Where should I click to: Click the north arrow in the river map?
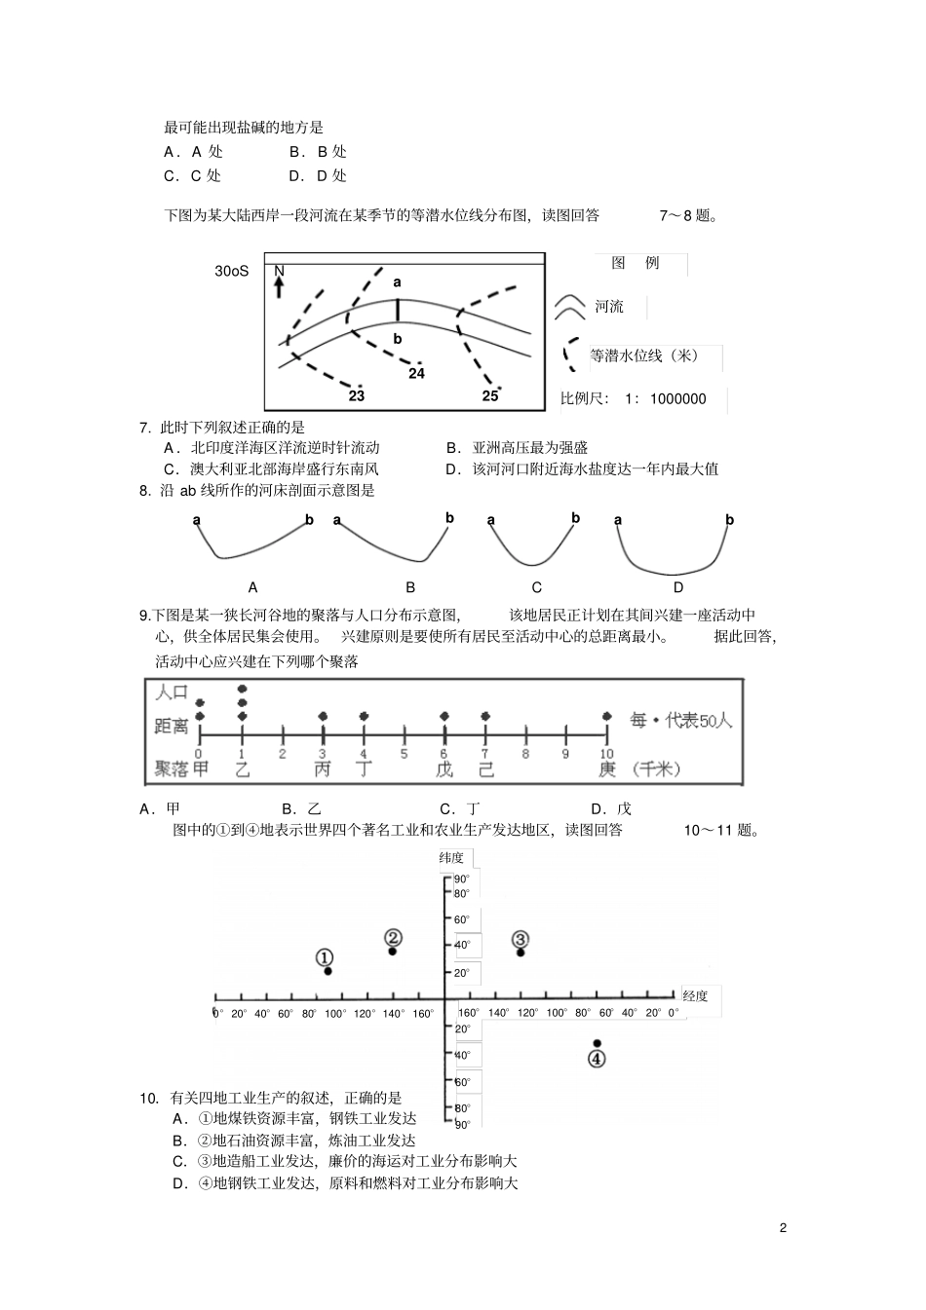point(279,282)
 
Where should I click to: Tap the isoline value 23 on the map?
point(357,396)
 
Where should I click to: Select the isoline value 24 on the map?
point(417,373)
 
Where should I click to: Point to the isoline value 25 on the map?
point(490,395)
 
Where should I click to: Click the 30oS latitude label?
point(232,271)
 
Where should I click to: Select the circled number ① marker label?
point(326,958)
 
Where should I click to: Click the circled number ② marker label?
point(393,938)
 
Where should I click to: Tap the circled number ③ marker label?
point(521,939)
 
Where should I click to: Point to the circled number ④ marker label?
point(597,1059)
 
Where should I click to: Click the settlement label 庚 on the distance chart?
point(606,769)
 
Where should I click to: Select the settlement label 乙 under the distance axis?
point(242,769)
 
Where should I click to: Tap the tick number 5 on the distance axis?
point(404,753)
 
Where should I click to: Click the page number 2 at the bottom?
point(783,1227)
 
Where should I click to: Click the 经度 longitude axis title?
point(696,995)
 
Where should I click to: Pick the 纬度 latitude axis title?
point(452,858)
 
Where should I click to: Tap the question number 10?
point(148,1098)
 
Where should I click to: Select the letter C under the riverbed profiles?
point(537,587)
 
